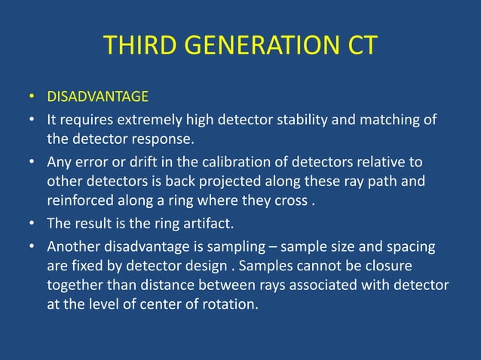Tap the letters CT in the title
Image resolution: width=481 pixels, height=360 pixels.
click(358, 46)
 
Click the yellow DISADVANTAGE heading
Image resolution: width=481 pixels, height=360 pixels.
click(98, 97)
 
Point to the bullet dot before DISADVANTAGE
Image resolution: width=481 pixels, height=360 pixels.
click(32, 98)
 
